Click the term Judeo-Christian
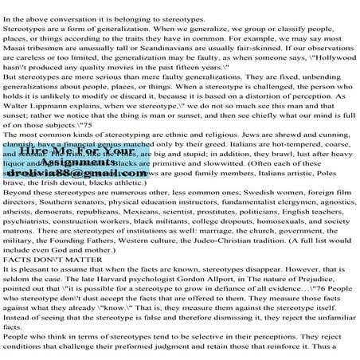196,215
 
